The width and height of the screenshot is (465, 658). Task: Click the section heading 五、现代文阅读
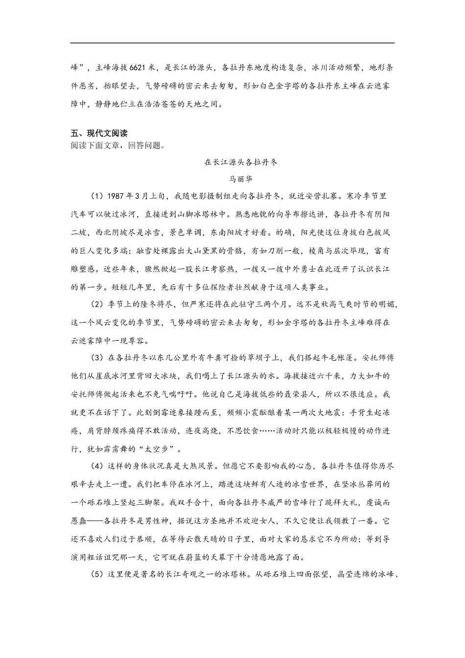99,133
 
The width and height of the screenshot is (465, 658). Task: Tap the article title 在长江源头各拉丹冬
241,162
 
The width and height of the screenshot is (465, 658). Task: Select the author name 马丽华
240,179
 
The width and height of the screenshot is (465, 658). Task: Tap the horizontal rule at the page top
232,43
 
